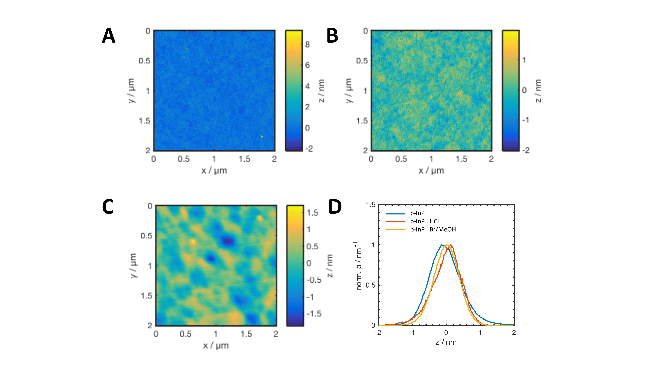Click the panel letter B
pyautogui.click(x=332, y=36)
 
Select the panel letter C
pyautogui.click(x=108, y=207)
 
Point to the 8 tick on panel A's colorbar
pyautogui.click(x=308, y=45)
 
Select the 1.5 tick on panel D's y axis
pyautogui.click(x=370, y=205)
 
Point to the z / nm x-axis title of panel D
pyautogui.click(x=446, y=342)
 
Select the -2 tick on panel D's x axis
pyautogui.click(x=378, y=333)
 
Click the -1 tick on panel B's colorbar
pyautogui.click(x=526, y=120)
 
